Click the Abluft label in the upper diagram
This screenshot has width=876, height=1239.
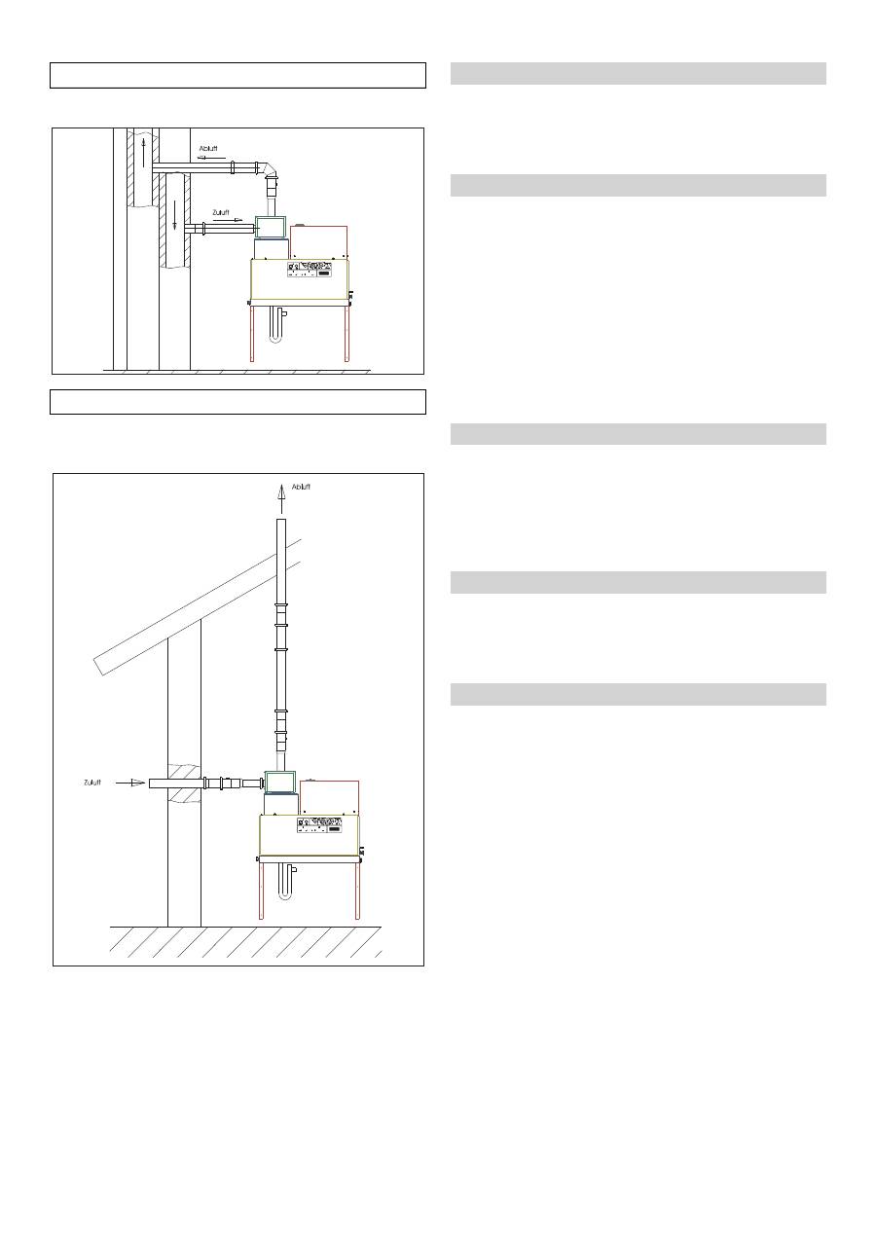[208, 148]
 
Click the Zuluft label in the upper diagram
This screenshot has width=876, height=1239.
[221, 212]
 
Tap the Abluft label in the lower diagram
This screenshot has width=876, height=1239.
[301, 487]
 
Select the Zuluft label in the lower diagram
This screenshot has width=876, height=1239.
[92, 783]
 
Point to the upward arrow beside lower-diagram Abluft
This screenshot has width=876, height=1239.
[281, 498]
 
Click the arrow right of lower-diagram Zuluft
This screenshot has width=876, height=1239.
[130, 783]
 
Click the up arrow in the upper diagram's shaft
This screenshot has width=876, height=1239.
[143, 153]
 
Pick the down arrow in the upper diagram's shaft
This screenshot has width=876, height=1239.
[175, 215]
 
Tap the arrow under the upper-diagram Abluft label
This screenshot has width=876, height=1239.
[212, 157]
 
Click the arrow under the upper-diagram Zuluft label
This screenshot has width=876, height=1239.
[228, 220]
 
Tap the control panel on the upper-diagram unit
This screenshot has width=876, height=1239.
[310, 269]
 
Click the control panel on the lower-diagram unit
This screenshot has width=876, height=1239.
[319, 824]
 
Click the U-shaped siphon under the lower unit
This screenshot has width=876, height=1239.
[286, 882]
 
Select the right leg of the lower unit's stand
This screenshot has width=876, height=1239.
[357, 890]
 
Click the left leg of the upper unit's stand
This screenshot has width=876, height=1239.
[252, 333]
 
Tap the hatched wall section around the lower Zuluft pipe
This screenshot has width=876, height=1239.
[185, 783]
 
